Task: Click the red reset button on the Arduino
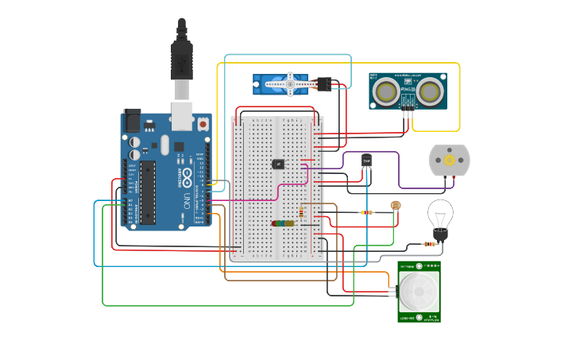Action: point(203,125)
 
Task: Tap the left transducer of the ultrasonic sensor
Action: point(388,91)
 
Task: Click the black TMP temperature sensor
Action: point(367,161)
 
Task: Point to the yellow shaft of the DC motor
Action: point(449,161)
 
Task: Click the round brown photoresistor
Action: point(396,206)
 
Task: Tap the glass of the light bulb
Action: point(440,213)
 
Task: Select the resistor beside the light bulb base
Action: point(433,243)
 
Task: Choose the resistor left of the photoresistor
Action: point(366,212)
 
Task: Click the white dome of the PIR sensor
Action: point(418,292)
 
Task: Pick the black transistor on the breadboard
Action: point(279,164)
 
